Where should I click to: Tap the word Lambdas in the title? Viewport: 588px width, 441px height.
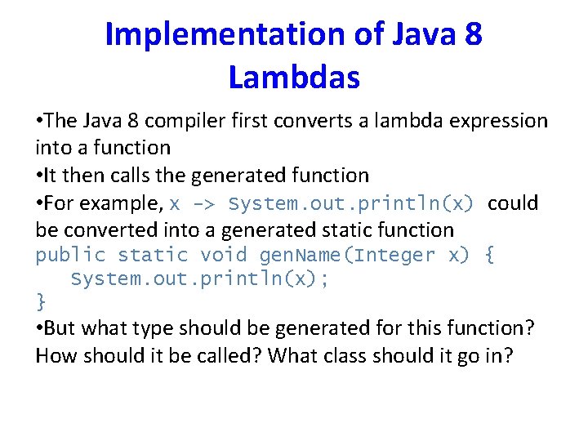[x=294, y=78]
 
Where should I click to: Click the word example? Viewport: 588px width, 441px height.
[x=122, y=203]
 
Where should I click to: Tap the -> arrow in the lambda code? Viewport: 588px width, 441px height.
[x=203, y=203]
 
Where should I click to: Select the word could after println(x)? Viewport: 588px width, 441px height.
[x=513, y=203]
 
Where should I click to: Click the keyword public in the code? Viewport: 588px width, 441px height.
[x=70, y=256]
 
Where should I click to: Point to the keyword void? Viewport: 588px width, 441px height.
[x=223, y=256]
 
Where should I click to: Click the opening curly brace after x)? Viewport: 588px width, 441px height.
[x=488, y=256]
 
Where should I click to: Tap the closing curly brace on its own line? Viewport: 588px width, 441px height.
[x=41, y=302]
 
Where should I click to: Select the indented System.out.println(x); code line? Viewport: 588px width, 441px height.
[x=199, y=279]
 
